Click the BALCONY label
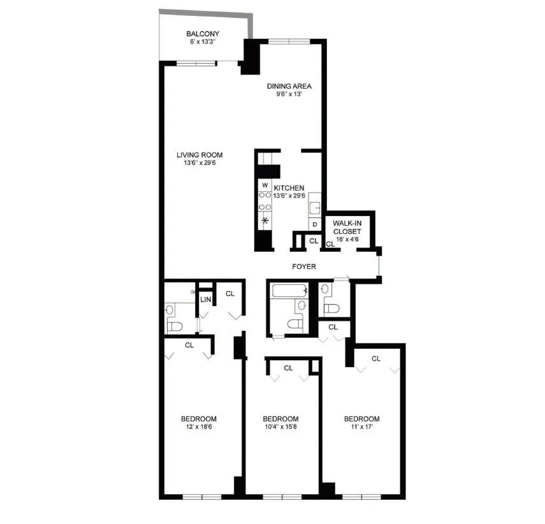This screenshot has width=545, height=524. click(x=203, y=34)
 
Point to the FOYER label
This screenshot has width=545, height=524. click(x=305, y=266)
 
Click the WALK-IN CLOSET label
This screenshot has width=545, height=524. click(x=347, y=227)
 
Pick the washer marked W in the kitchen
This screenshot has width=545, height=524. click(x=265, y=186)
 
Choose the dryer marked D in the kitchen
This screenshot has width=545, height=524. click(x=314, y=224)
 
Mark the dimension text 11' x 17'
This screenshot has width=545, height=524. click(x=361, y=428)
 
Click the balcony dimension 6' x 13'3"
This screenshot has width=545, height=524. click(x=203, y=42)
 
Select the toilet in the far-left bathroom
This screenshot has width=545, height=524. click(x=175, y=325)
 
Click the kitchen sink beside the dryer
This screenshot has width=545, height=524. click(x=314, y=207)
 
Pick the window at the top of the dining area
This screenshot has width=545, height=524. click(x=289, y=42)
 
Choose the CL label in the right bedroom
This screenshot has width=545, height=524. click(x=376, y=359)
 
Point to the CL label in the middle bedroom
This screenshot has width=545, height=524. click(x=288, y=368)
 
